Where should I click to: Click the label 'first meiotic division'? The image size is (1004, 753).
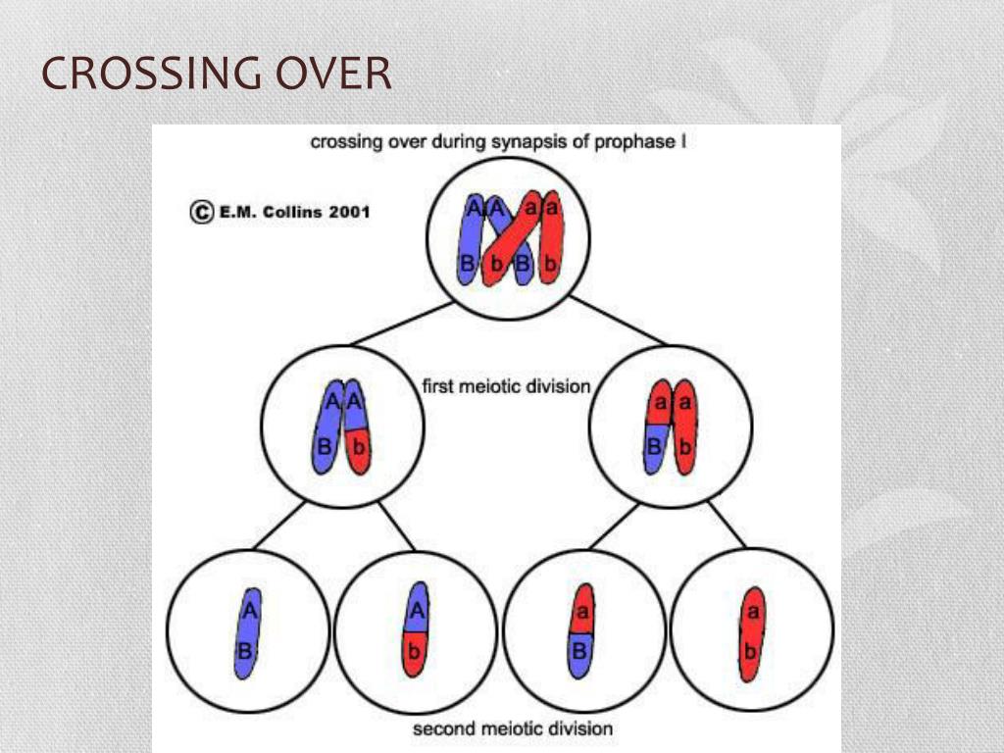click(x=506, y=386)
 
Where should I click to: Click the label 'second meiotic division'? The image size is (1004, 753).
click(x=512, y=728)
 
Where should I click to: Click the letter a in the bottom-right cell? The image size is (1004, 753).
click(x=753, y=611)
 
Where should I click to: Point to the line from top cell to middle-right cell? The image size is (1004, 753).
click(x=618, y=320)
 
